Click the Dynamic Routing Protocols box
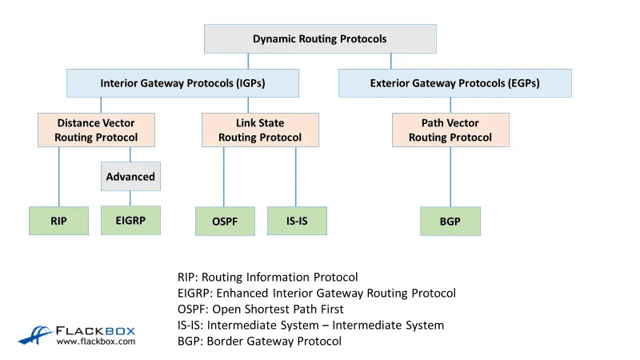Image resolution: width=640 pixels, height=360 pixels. click(x=320, y=38)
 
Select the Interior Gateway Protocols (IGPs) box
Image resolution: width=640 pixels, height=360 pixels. click(x=182, y=83)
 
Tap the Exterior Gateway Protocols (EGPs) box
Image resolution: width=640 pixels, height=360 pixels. click(x=454, y=83)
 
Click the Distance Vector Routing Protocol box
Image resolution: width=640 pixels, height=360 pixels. click(x=96, y=130)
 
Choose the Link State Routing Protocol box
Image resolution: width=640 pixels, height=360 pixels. click(x=260, y=130)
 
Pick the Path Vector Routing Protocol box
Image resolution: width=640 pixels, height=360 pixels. click(x=450, y=130)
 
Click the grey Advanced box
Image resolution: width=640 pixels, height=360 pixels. click(x=130, y=176)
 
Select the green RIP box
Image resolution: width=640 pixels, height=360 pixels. click(x=58, y=221)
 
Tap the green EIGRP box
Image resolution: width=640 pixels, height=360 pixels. click(x=130, y=220)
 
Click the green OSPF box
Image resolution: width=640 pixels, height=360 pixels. click(x=225, y=222)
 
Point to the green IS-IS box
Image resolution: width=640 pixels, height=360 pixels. click(x=297, y=221)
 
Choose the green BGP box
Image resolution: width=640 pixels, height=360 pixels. click(x=450, y=222)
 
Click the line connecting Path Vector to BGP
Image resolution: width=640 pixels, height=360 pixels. click(x=450, y=176)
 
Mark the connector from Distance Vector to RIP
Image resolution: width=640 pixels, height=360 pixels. click(x=58, y=176)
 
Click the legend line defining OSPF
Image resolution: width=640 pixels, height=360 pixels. click(x=260, y=310)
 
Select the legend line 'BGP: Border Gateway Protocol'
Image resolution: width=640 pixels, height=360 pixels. click(x=259, y=342)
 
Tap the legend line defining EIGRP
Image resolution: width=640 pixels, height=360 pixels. click(x=316, y=294)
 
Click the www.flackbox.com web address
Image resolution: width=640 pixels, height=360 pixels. click(x=96, y=342)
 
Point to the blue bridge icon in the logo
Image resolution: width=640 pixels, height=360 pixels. click(x=35, y=334)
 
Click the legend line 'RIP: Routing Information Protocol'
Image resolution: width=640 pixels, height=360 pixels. click(x=267, y=278)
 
